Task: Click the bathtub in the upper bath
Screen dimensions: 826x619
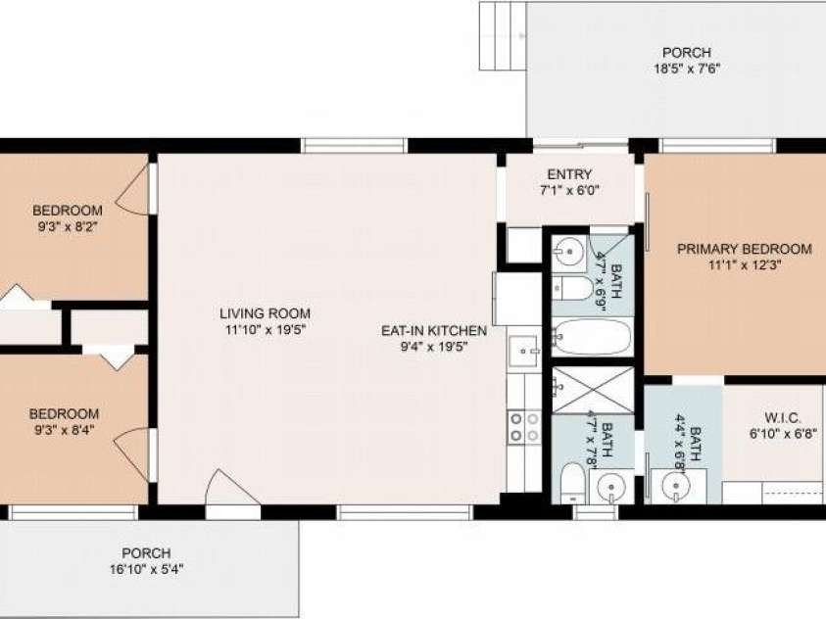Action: [x=592, y=336]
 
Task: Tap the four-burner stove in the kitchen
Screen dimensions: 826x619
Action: [x=524, y=427]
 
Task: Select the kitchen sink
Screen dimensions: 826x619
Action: [x=524, y=350]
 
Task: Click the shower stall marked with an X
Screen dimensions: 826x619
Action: [x=593, y=390]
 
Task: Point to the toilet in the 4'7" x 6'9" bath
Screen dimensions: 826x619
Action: [x=572, y=288]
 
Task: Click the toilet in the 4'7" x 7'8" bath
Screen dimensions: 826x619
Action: [x=572, y=482]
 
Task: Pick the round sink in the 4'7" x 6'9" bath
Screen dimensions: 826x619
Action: [x=569, y=251]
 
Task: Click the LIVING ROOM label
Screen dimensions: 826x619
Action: [x=265, y=313]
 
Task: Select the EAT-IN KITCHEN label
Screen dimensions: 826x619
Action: [x=434, y=331]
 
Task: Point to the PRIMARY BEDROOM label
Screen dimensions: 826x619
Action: [x=745, y=249]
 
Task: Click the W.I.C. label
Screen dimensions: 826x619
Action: [x=783, y=418]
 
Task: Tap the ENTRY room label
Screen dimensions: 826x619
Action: [x=569, y=174]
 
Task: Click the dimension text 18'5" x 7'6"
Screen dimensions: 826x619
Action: [x=687, y=69]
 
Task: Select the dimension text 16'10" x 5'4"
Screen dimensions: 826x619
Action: [x=146, y=569]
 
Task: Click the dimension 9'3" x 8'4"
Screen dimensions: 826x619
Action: [x=65, y=430]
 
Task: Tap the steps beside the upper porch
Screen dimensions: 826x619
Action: [x=503, y=36]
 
